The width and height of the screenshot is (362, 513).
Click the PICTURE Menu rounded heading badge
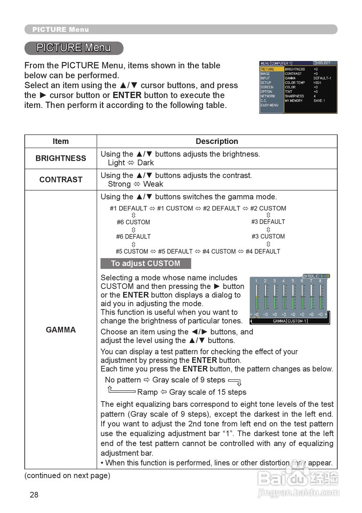click(x=73, y=48)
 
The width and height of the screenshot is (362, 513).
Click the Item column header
click(x=61, y=141)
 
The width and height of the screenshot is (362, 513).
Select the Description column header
click(x=217, y=141)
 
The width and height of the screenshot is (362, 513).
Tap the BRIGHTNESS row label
click(x=61, y=158)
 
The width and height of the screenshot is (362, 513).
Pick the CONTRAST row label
click(x=61, y=180)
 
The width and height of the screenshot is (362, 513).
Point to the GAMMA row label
click(x=61, y=330)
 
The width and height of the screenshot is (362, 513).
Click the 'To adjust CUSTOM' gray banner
click(x=146, y=264)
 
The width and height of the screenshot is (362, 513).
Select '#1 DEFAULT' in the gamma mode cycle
click(x=128, y=208)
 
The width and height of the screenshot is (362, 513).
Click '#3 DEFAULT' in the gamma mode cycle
click(x=268, y=222)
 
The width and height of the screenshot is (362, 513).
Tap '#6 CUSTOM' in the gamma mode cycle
click(x=133, y=222)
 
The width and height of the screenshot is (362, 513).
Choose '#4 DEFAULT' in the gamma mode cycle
click(x=263, y=252)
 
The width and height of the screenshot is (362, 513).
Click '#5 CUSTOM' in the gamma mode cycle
click(x=132, y=252)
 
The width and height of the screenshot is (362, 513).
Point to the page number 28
click(x=34, y=495)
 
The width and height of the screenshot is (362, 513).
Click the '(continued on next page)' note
click(x=67, y=476)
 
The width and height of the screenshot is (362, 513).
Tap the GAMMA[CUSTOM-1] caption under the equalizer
click(x=290, y=321)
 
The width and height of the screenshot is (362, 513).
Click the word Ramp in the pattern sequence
click(x=147, y=392)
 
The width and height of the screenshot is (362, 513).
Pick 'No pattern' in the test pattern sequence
click(x=123, y=380)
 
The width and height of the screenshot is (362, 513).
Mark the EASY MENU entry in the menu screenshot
click(x=269, y=105)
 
